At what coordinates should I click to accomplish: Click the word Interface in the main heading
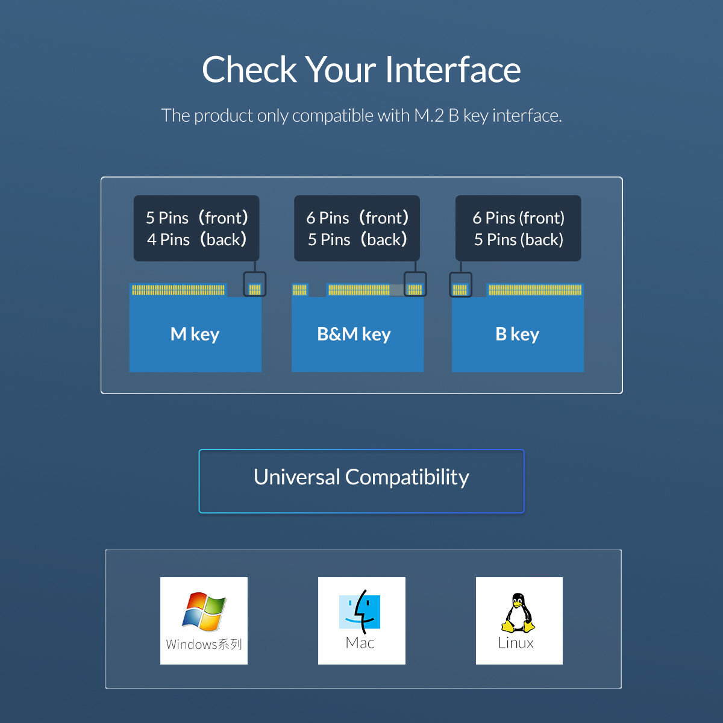452,70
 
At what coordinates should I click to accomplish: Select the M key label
195,334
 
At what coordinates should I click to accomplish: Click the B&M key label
354,334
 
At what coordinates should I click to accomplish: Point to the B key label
517,334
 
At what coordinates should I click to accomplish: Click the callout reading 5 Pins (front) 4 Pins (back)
196,228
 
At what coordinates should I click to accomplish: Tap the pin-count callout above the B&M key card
357,228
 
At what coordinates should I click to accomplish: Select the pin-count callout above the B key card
518,228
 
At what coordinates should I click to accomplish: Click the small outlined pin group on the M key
254,284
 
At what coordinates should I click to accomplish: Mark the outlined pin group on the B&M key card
415,284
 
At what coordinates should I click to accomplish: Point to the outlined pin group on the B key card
460,284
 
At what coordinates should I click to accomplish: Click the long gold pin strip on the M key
178,290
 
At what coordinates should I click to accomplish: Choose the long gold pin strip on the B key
535,290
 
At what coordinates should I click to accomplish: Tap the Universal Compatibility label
361,478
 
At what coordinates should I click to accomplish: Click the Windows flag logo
204,611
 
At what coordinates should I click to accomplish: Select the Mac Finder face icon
360,611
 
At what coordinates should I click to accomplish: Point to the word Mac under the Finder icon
360,643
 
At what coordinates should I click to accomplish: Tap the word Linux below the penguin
516,643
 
